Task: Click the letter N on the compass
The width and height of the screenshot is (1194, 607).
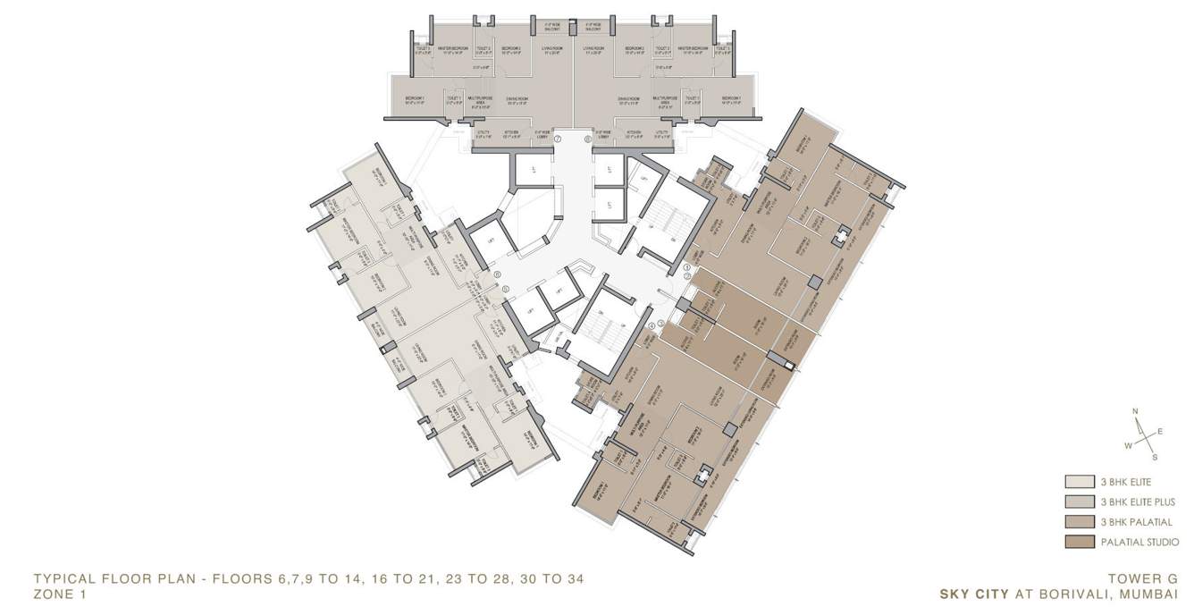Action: click(x=1135, y=412)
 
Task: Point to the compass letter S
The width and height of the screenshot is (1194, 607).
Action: click(x=1155, y=457)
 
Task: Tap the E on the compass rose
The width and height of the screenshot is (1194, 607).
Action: click(x=1160, y=431)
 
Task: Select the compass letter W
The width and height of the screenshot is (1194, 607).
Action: click(x=1129, y=444)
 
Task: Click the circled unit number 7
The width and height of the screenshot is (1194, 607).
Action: click(x=557, y=139)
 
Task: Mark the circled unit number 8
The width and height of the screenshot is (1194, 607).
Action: click(x=587, y=139)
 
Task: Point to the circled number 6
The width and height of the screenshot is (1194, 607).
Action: click(x=497, y=275)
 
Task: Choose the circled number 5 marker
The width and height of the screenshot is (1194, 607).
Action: click(x=505, y=289)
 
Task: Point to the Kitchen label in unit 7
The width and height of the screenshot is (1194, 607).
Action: click(x=511, y=133)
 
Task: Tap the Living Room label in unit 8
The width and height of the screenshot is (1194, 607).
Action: click(x=594, y=48)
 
